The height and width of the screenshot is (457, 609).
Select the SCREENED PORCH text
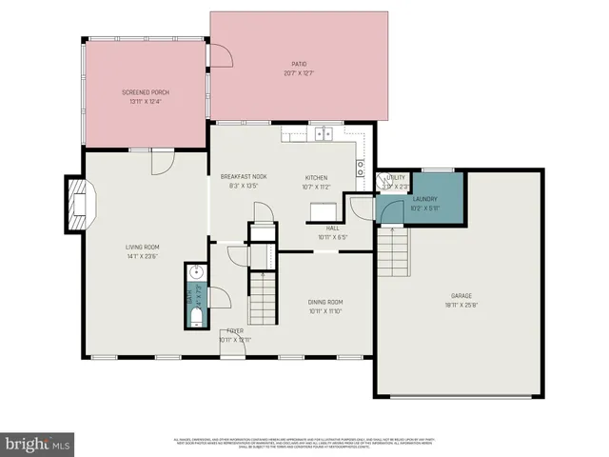click(x=146, y=91)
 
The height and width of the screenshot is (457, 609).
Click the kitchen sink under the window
click(x=325, y=133)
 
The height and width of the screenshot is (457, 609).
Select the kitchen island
click(x=326, y=209)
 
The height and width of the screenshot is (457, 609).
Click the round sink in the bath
click(x=194, y=272)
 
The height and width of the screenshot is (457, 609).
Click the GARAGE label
click(x=462, y=296)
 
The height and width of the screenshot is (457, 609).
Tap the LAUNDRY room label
click(x=424, y=199)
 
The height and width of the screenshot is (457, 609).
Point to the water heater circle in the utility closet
click(x=390, y=186)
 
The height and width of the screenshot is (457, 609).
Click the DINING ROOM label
click(x=324, y=302)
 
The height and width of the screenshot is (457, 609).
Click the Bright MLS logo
click(x=38, y=443)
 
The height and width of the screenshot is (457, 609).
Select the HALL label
click(x=333, y=228)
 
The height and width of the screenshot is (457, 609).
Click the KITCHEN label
click(x=316, y=178)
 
